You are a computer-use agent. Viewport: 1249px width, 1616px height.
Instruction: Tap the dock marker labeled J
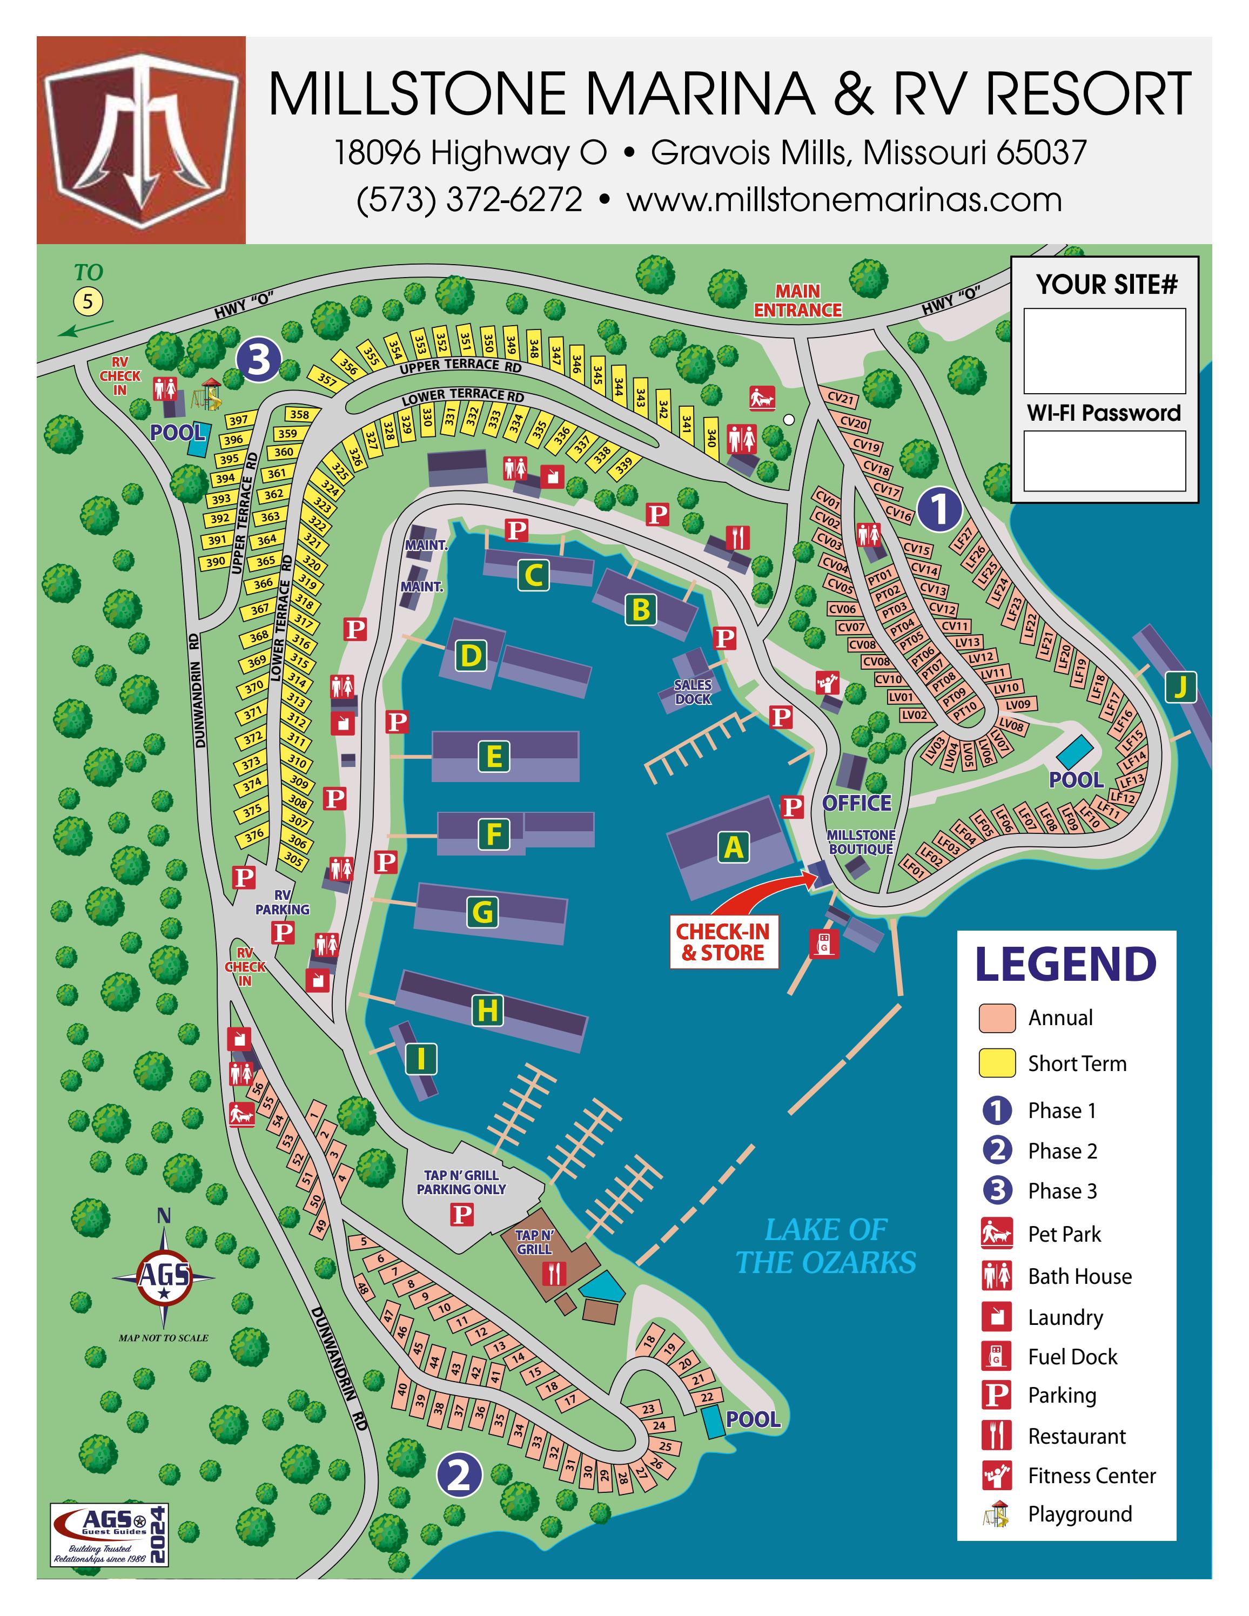(1180, 686)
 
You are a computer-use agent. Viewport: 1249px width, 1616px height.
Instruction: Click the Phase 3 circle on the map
(259, 360)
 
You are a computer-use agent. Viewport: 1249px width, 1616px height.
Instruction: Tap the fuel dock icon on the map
(823, 944)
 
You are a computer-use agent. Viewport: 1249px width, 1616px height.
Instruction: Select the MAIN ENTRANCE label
(798, 300)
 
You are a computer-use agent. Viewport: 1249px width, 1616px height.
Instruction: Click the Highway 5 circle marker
(88, 301)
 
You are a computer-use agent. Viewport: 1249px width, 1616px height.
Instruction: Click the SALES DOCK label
(693, 692)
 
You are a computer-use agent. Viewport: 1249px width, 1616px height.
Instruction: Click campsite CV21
(841, 399)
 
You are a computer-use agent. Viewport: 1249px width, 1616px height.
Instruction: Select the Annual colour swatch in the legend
(997, 1018)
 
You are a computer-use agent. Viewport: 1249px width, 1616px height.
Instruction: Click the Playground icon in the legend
(997, 1514)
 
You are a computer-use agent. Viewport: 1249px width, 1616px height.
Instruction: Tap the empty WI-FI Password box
(1104, 460)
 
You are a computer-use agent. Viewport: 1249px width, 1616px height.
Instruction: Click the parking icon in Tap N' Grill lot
(462, 1214)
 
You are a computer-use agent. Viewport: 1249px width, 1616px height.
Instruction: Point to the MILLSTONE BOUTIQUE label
(861, 842)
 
